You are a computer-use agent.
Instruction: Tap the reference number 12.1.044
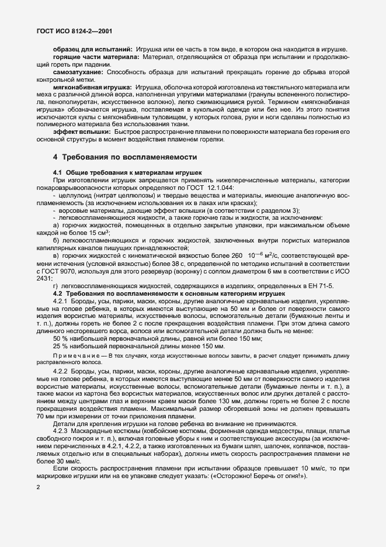click(x=218, y=188)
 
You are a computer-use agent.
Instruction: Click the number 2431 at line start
click(x=44, y=278)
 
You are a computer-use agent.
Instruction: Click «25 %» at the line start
click(x=61, y=346)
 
